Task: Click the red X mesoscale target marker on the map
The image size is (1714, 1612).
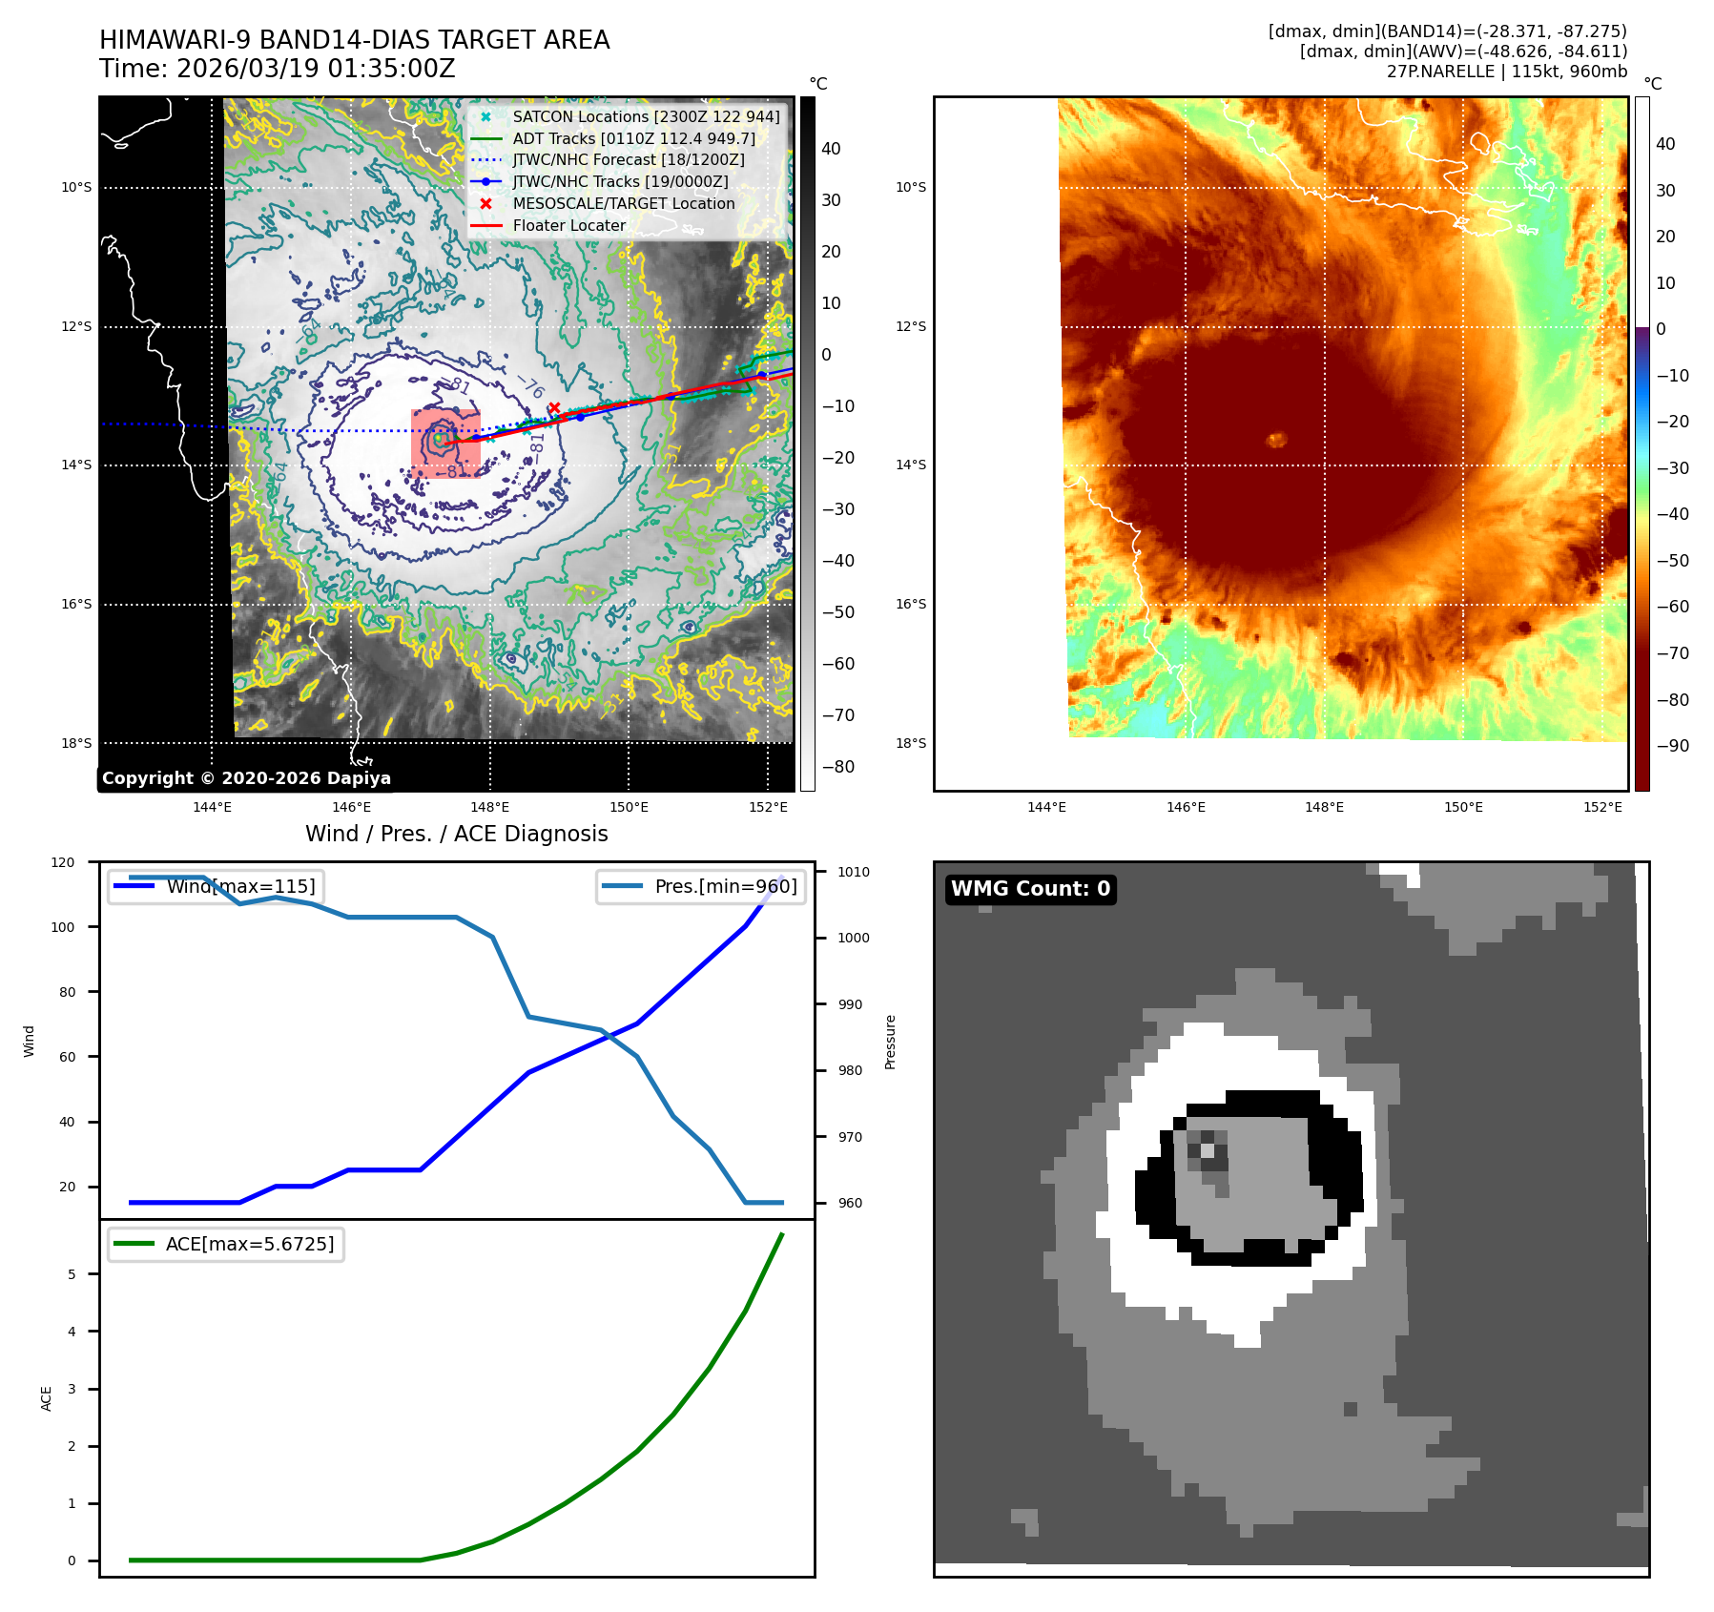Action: [553, 408]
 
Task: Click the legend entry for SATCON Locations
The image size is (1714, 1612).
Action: [646, 116]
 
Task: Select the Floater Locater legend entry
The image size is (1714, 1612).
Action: [568, 226]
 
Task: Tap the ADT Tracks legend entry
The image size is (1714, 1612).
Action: [633, 138]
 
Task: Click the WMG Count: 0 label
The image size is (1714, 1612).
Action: [1030, 889]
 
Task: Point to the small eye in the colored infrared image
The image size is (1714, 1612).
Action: [1276, 440]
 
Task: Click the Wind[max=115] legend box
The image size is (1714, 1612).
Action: [216, 886]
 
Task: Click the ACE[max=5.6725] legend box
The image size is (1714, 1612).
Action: [226, 1245]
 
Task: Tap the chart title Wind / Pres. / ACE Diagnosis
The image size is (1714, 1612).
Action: [456, 834]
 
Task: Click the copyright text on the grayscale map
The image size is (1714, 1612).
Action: [246, 778]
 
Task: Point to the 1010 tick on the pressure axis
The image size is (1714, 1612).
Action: [854, 872]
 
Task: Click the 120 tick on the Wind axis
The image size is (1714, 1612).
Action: [63, 862]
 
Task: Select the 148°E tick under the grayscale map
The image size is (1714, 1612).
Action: [490, 807]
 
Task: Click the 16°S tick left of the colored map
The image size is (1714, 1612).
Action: [910, 604]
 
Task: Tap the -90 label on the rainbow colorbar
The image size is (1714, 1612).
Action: [1672, 746]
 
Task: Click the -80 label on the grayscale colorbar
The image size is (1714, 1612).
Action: [838, 767]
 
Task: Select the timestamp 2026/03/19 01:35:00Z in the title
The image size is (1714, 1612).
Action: [316, 70]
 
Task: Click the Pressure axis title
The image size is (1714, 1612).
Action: [890, 1042]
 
